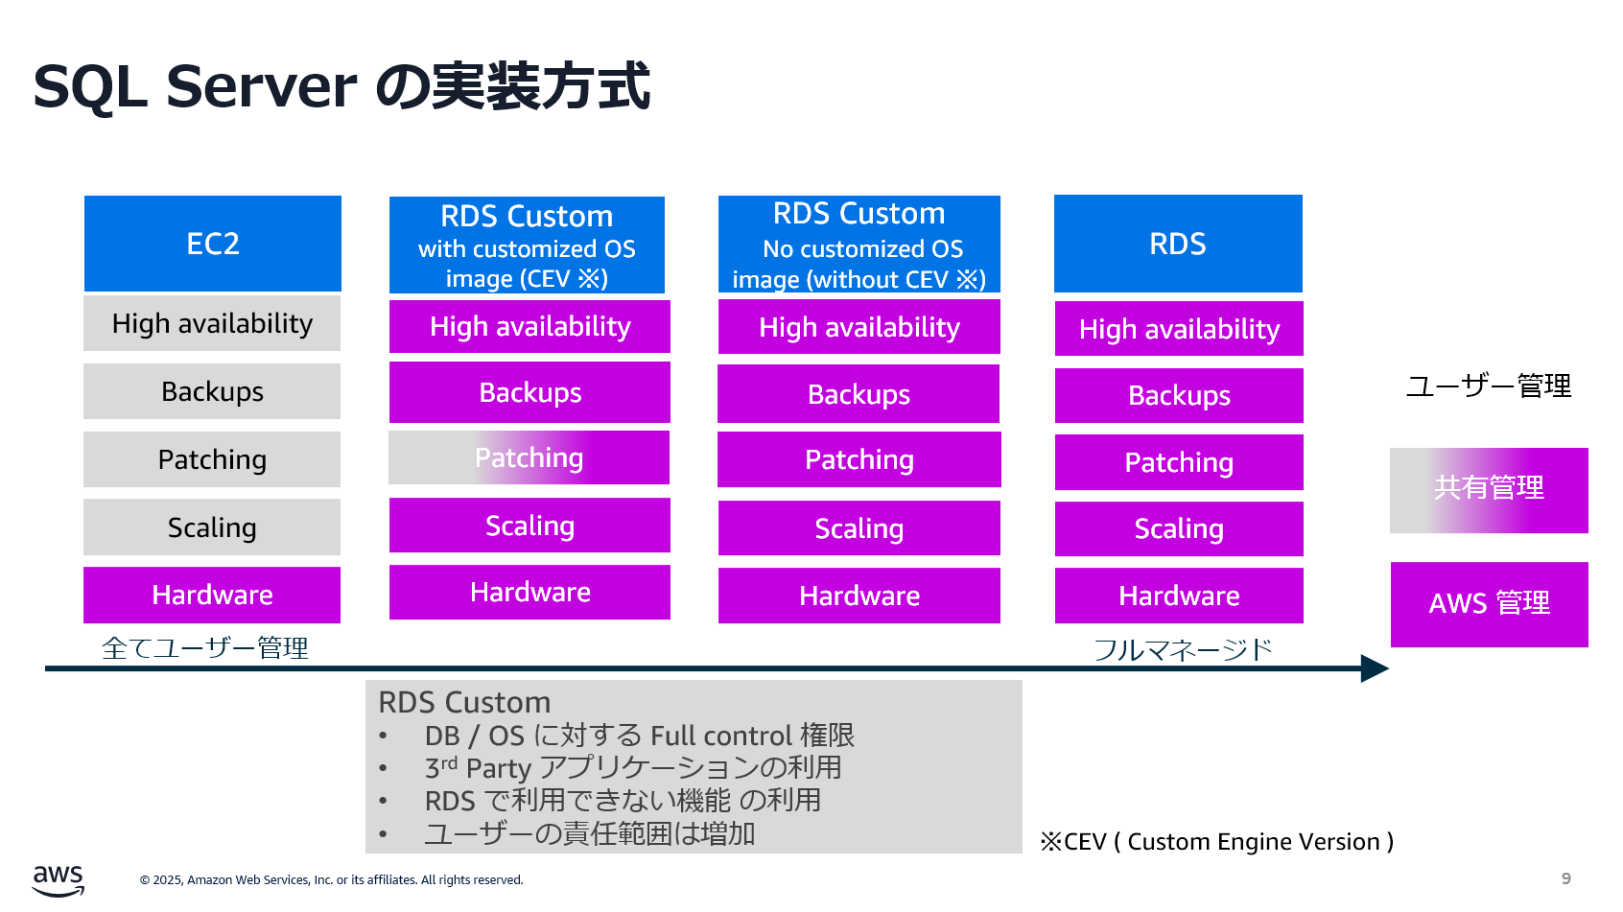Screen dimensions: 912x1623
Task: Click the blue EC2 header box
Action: click(x=213, y=244)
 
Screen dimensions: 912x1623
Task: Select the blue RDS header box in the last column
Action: click(x=1178, y=244)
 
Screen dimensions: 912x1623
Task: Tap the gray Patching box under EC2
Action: click(x=212, y=459)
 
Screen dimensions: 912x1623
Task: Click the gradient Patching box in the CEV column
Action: click(x=529, y=457)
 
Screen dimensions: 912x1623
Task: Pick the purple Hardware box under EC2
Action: click(x=212, y=595)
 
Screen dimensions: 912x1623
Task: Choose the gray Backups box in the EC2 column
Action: click(x=212, y=391)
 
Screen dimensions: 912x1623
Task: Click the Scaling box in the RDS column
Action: click(x=1179, y=528)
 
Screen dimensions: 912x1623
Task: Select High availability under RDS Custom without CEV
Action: click(x=859, y=327)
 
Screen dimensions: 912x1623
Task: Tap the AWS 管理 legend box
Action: click(x=1489, y=603)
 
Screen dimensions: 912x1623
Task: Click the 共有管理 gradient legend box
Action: click(x=1489, y=489)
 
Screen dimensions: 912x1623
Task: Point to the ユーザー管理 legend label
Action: click(x=1489, y=386)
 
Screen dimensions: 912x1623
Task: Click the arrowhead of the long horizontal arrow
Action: click(x=1375, y=668)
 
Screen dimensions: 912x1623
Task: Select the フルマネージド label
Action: click(x=1183, y=649)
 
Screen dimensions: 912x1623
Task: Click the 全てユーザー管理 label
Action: click(x=205, y=647)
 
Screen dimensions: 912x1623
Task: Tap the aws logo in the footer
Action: click(x=58, y=879)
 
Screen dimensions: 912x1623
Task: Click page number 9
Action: click(x=1565, y=878)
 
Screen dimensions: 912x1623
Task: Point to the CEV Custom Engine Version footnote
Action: click(x=1216, y=841)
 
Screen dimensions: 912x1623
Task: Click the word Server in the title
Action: click(x=262, y=86)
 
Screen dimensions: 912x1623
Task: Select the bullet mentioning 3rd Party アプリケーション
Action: click(x=633, y=767)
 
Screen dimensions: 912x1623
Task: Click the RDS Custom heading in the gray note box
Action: click(x=464, y=702)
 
